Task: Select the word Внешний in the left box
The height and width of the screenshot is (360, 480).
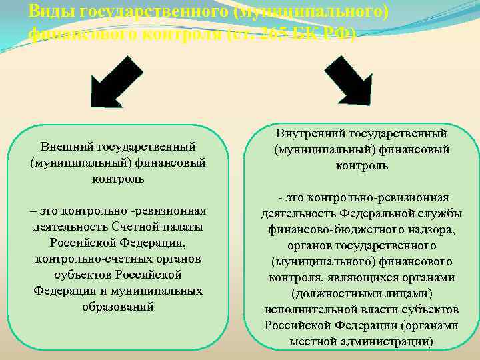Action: (67, 147)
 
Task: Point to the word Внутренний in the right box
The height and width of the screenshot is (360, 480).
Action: (308, 133)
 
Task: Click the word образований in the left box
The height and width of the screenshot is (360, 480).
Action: (118, 307)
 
